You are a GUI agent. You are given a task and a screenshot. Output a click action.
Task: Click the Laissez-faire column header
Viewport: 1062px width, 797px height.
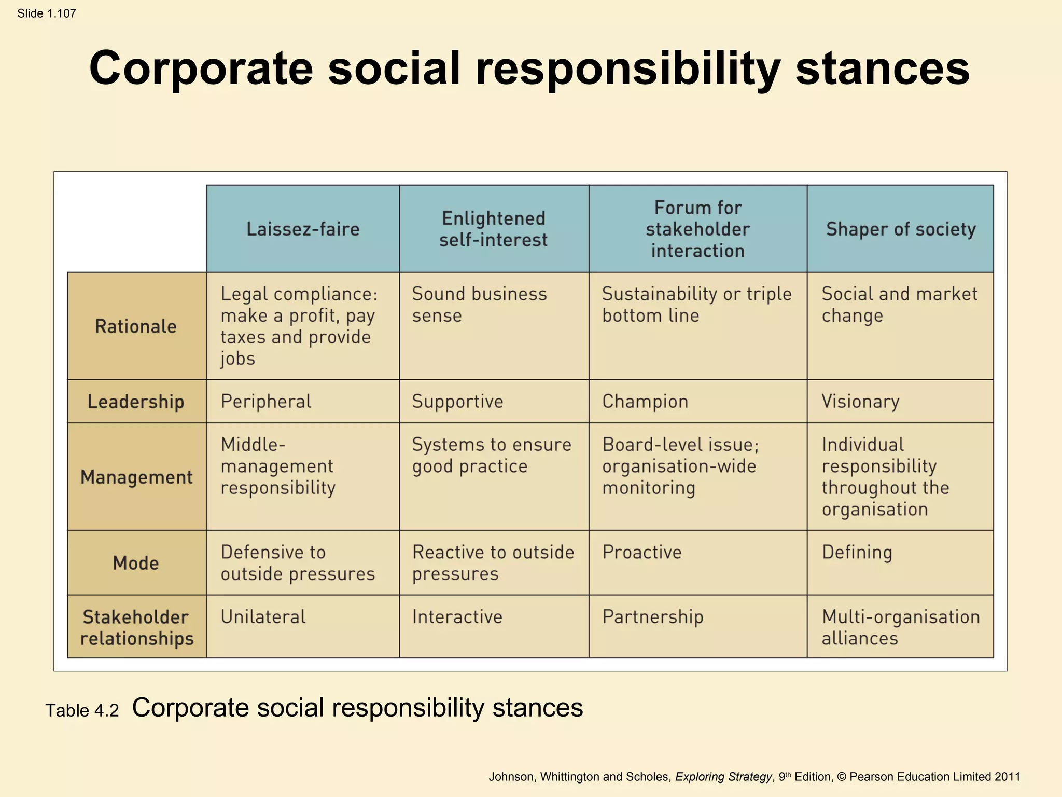click(x=303, y=229)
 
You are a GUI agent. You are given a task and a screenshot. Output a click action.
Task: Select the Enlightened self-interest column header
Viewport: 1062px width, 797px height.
click(x=494, y=229)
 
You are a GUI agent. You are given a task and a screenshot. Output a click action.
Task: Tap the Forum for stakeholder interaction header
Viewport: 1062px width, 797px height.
click(x=697, y=229)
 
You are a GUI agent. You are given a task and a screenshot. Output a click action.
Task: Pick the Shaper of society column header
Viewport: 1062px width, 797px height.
click(x=901, y=229)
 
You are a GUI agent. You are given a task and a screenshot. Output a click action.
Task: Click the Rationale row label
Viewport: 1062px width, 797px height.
click(x=136, y=326)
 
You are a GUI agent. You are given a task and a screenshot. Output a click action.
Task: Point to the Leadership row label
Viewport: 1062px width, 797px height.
click(x=136, y=402)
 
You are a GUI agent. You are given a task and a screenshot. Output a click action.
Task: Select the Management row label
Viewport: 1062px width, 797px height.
click(x=136, y=477)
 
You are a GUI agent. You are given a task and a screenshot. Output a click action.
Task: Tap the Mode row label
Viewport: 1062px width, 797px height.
click(x=136, y=563)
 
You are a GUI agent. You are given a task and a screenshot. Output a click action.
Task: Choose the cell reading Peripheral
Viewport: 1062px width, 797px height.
click(x=266, y=402)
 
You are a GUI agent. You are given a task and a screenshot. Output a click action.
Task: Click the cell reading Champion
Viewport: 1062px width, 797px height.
click(x=645, y=402)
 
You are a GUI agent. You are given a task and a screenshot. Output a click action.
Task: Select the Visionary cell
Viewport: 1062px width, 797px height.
click(x=860, y=402)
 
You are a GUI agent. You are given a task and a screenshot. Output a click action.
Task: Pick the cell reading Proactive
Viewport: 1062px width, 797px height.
click(x=642, y=553)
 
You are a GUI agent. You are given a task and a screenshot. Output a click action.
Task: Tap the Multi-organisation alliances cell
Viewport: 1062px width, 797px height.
click(x=900, y=627)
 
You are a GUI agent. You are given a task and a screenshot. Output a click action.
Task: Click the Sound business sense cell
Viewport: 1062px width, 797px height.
click(x=479, y=305)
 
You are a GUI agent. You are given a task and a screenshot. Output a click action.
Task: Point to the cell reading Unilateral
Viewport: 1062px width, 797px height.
click(x=263, y=617)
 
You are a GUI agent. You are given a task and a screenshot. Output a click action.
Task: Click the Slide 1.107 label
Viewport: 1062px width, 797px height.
click(x=47, y=13)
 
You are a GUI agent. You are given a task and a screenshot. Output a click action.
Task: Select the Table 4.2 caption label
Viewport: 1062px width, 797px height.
click(x=82, y=710)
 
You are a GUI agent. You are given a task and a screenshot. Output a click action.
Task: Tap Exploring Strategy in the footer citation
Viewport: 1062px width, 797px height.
click(x=723, y=777)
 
